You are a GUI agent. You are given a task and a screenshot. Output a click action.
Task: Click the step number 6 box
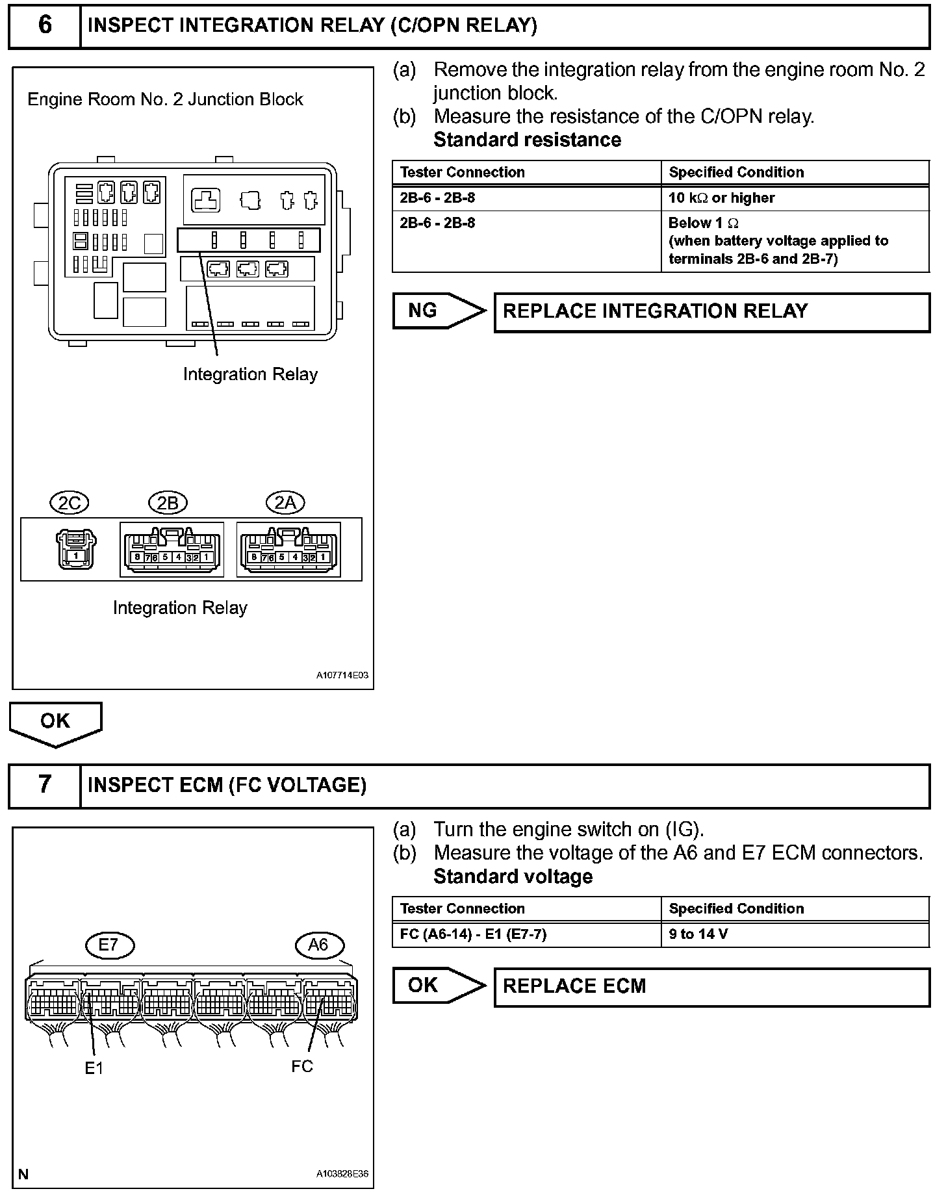pos(45,26)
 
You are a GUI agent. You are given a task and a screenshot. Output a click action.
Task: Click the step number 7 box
pos(45,785)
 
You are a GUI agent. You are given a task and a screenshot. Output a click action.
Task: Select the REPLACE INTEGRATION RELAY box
pos(711,312)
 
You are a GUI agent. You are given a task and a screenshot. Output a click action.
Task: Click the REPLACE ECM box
pos(711,986)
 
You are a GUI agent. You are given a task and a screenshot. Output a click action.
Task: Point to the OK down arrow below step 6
pos(55,723)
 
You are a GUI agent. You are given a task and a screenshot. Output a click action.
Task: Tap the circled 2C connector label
pos(70,503)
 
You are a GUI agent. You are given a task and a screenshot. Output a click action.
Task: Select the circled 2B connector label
pos(168,503)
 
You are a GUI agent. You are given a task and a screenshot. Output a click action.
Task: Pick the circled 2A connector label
pos(285,503)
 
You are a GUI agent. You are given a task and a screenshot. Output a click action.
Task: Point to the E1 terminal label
pos(94,1068)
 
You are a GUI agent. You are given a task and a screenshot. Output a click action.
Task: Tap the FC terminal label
pos(302,1066)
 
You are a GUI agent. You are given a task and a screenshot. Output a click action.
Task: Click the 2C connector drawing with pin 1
pos(76,549)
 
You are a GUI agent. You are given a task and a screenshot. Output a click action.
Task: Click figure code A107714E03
pos(342,676)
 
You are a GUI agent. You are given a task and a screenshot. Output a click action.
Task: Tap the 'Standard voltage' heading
pos(513,876)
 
